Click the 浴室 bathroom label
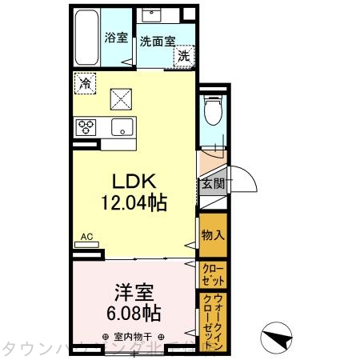coord(116,37)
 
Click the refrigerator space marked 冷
coord(85,82)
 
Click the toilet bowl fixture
coord(212,113)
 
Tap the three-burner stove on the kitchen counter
coord(86,126)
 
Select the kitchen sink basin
coord(122,126)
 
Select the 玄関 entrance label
coord(212,183)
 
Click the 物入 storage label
coord(212,234)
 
